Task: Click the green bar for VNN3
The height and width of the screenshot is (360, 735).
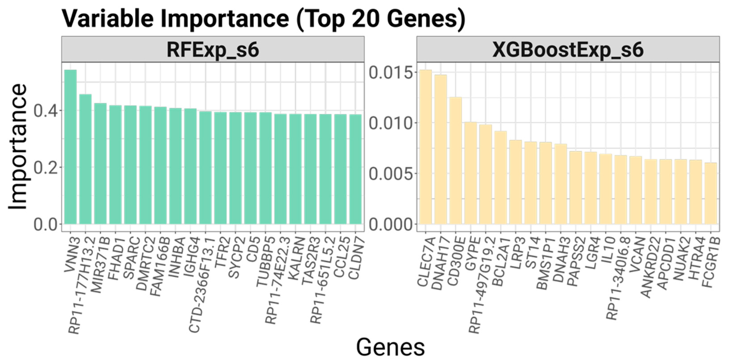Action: [70, 147]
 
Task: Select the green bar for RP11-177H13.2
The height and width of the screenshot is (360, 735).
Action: [85, 159]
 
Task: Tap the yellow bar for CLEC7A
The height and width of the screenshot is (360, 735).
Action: [425, 147]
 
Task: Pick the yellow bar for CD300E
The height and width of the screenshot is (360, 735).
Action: [456, 160]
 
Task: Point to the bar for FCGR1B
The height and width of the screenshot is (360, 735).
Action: [711, 193]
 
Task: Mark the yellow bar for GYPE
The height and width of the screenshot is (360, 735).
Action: [470, 173]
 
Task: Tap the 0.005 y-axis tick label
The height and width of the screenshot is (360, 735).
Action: [391, 174]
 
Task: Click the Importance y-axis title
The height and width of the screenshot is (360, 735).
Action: [18, 147]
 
